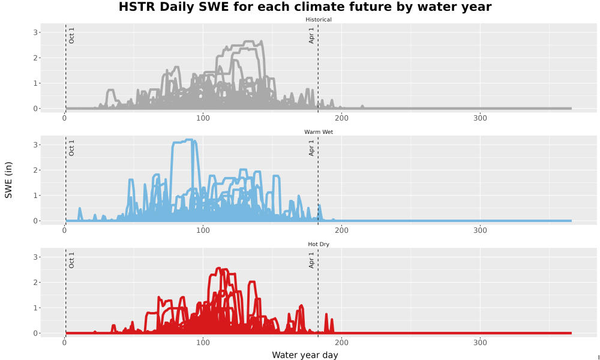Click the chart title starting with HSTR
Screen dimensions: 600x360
[305, 7]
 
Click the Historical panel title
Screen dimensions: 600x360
[319, 20]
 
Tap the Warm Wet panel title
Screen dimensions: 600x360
[319, 132]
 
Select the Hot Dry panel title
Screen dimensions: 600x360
[319, 244]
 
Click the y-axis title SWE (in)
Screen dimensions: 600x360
[8, 180]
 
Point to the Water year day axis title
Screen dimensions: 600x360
[305, 355]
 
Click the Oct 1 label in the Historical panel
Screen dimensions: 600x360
[71, 35]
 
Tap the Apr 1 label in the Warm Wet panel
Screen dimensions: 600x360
[311, 148]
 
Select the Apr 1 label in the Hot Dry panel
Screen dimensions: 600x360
[311, 260]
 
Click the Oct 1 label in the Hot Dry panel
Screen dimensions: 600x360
[71, 260]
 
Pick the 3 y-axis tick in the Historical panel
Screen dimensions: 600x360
[35, 32]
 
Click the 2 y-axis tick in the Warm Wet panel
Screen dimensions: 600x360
[35, 170]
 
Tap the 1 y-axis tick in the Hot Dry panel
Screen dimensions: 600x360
[35, 308]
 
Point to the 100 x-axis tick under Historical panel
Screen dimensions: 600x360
[203, 118]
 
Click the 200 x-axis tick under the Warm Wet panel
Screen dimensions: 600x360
[341, 230]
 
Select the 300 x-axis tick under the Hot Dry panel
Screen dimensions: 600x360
[480, 343]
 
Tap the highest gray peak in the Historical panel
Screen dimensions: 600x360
[262, 41]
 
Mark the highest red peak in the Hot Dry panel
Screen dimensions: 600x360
[219, 268]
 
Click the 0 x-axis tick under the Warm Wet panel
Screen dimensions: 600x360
[64, 230]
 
